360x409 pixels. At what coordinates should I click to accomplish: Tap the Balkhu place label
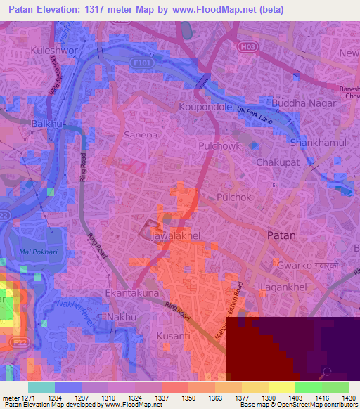47,124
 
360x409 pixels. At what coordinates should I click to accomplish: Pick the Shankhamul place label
316,142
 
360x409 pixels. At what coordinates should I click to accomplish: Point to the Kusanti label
173,336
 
